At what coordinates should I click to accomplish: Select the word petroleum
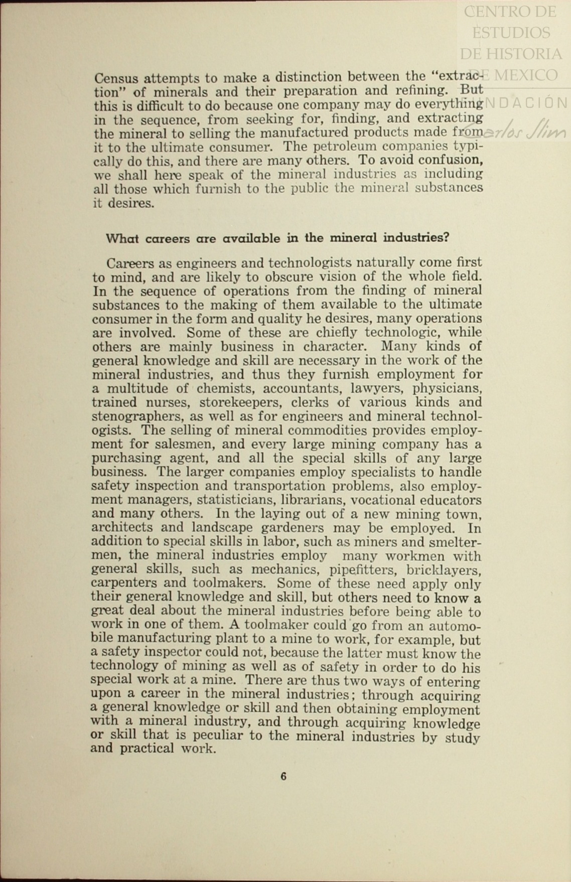pyautogui.click(x=345, y=147)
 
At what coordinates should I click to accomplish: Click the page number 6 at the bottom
pyautogui.click(x=283, y=776)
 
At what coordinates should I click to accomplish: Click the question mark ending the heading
pyautogui.click(x=446, y=237)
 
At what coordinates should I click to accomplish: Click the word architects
pyautogui.click(x=122, y=527)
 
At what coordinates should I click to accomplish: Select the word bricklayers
pyautogui.click(x=444, y=570)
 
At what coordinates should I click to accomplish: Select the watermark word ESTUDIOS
pyautogui.click(x=511, y=32)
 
